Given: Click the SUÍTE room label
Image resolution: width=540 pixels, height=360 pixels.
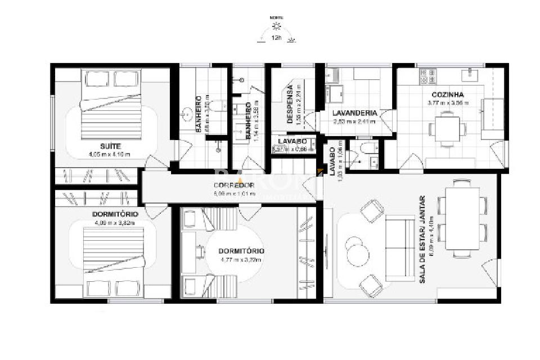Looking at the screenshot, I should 114,146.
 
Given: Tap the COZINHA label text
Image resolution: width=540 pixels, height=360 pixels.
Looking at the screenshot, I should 448,94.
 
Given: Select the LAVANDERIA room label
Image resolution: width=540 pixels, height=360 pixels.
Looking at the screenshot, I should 354,113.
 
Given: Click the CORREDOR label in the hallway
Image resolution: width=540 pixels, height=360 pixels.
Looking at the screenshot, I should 234,185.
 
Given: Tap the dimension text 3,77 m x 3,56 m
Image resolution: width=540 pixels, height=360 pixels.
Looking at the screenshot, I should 448,103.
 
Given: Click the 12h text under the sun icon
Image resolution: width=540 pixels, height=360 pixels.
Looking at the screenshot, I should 276,38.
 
